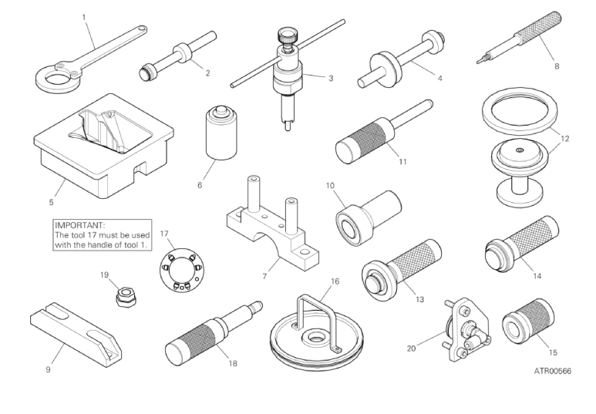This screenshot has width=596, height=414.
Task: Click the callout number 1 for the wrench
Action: [x=84, y=17]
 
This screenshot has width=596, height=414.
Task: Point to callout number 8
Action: [x=557, y=66]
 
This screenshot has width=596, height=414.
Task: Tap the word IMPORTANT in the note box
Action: [x=79, y=225]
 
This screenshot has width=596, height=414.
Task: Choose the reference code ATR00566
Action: [x=552, y=371]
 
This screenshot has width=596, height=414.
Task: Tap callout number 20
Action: [x=411, y=348]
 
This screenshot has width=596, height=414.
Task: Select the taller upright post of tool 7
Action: [x=253, y=194]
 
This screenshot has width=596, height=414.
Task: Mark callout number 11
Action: [x=402, y=162]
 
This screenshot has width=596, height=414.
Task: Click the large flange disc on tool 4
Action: [x=385, y=67]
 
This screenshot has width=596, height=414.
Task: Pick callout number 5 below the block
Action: [x=52, y=202]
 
